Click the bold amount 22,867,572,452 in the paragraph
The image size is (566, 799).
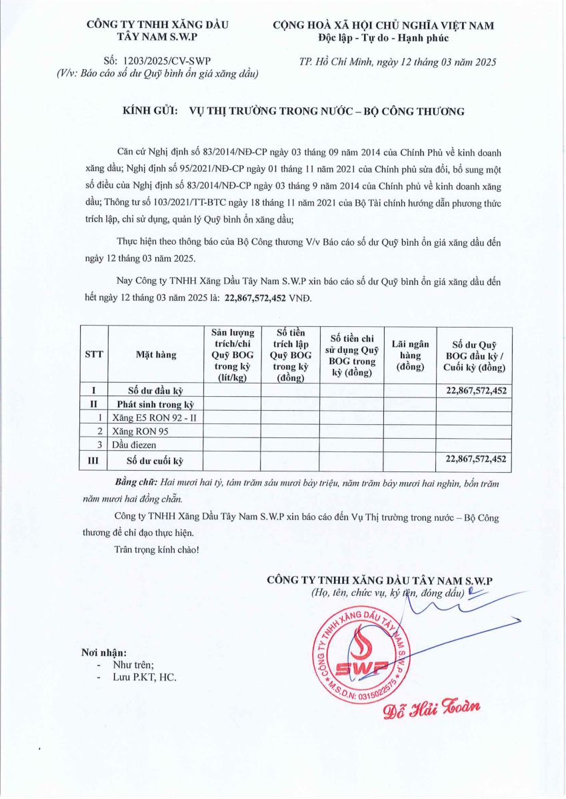click(x=256, y=299)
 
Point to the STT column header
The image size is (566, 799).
click(x=94, y=355)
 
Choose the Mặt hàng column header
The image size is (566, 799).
click(x=156, y=355)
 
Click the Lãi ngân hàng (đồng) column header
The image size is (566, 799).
click(x=409, y=355)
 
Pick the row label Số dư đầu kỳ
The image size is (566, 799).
click(x=155, y=390)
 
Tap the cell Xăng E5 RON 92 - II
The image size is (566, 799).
click(x=155, y=417)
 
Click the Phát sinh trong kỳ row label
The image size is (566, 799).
click(x=155, y=404)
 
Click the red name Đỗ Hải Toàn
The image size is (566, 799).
click(x=431, y=708)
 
